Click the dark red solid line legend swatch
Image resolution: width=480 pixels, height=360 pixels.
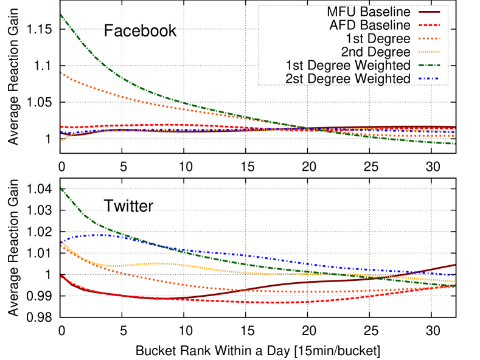[429, 12]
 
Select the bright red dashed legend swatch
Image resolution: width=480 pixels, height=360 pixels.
[429, 26]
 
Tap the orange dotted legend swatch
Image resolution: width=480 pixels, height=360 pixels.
[429, 39]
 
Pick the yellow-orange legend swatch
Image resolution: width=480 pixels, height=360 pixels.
[429, 52]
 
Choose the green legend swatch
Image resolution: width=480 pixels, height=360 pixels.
[429, 65]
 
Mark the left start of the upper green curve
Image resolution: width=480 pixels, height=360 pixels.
[61, 15]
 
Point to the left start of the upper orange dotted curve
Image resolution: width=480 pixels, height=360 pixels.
[61, 72]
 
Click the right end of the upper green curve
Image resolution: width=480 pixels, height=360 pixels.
[454, 144]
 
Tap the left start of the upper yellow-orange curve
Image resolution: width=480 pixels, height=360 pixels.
[61, 142]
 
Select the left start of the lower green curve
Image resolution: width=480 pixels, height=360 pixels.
[61, 189]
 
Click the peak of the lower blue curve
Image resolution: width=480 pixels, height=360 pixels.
[97, 235]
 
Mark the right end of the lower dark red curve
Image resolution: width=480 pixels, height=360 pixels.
[454, 265]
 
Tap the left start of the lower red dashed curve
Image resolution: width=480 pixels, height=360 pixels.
[61, 276]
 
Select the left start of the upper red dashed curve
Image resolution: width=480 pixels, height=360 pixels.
[61, 127]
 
